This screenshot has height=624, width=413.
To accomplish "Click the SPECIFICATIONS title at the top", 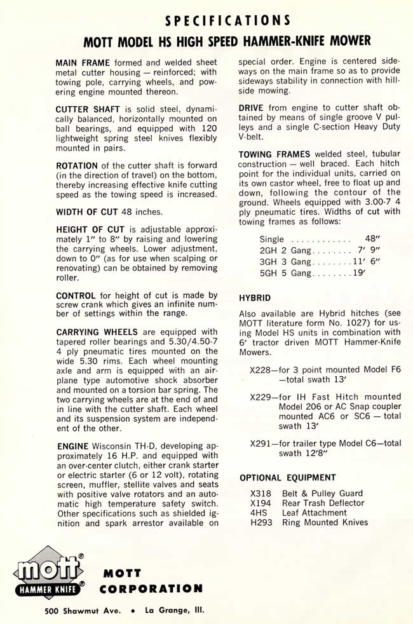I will click(227, 20).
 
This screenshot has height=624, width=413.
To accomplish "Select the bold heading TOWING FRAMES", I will click(274, 154).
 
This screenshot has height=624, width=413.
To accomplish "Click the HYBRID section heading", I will click(255, 297).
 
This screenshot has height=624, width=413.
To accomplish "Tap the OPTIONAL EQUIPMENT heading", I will click(288, 477).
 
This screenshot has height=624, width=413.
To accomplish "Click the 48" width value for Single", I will click(373, 240).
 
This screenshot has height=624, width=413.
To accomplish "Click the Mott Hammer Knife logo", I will click(50, 574).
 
